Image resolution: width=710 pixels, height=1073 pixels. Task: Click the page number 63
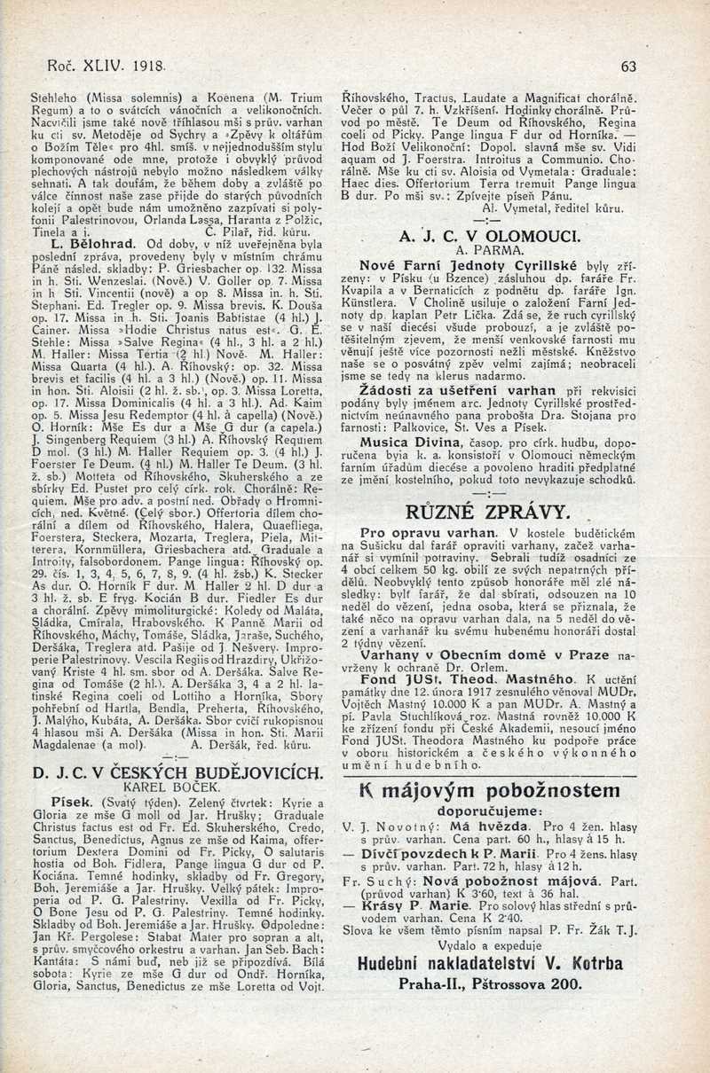click(629, 66)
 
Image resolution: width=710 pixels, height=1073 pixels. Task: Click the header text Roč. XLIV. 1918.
click(98, 66)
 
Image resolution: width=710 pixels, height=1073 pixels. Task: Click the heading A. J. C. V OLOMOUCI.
click(490, 237)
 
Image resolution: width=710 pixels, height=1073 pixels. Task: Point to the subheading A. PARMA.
click(490, 251)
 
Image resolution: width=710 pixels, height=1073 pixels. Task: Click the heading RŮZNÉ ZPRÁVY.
click(486, 511)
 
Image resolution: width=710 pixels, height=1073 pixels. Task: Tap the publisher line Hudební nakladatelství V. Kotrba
click(490, 963)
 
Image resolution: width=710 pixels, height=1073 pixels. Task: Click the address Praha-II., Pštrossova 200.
click(490, 983)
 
